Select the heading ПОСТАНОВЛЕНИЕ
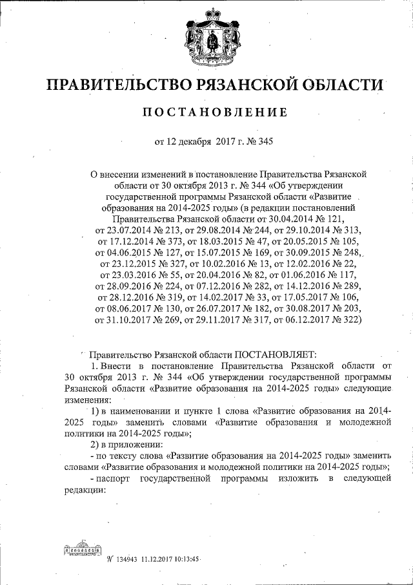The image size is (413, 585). pyautogui.click(x=216, y=113)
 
